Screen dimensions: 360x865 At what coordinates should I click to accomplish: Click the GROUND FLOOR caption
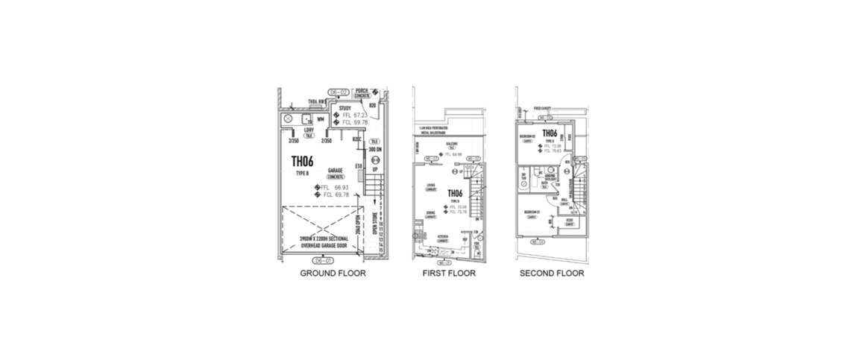pyautogui.click(x=333, y=274)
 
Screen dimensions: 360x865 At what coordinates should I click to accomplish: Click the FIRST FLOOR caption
pyautogui.click(x=449, y=274)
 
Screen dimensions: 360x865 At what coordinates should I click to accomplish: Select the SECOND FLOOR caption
pyautogui.click(x=552, y=274)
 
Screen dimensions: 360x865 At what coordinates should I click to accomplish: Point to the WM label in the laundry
pyautogui.click(x=320, y=119)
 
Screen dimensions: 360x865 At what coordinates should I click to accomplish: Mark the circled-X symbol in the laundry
pyautogui.click(x=287, y=119)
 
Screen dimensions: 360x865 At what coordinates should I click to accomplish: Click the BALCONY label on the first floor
pyautogui.click(x=453, y=144)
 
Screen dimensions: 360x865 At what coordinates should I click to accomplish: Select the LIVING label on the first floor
pyautogui.click(x=431, y=186)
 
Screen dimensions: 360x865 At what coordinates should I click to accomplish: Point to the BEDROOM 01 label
pyautogui.click(x=532, y=212)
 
